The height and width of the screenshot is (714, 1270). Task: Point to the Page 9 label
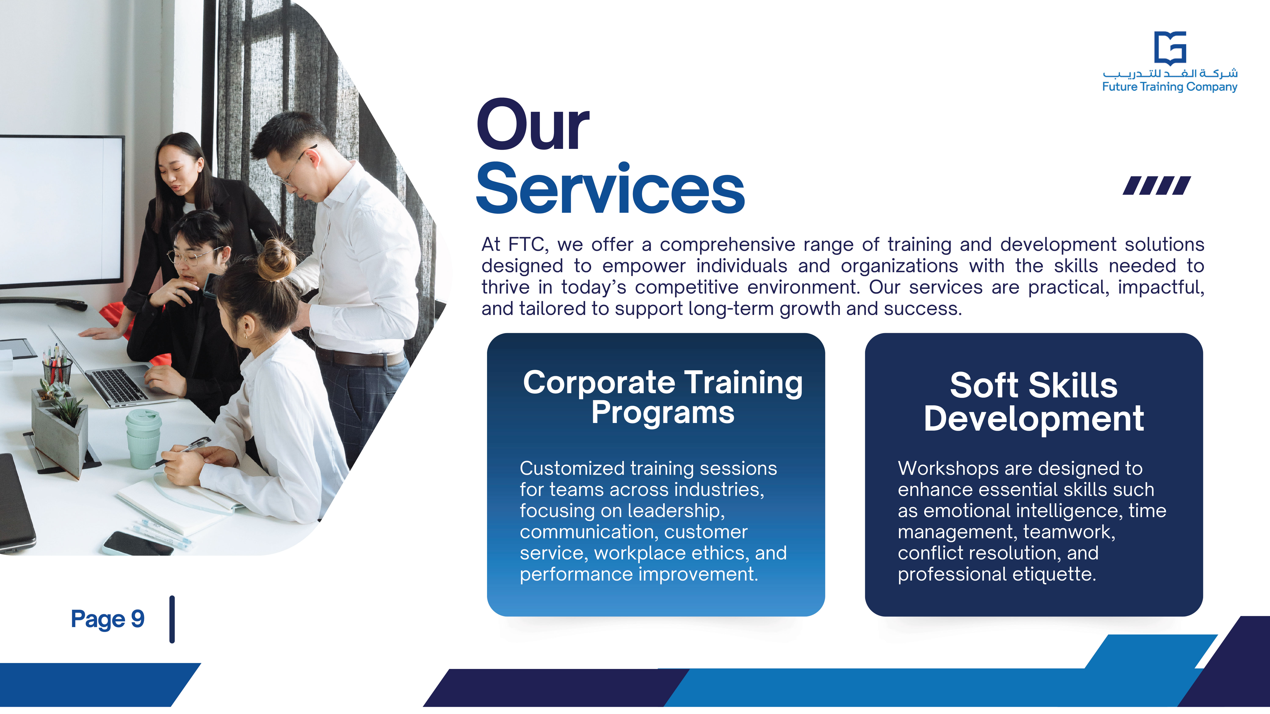(x=108, y=619)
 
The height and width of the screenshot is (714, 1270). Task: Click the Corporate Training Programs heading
(x=663, y=397)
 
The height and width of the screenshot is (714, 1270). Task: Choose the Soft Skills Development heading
(x=1033, y=402)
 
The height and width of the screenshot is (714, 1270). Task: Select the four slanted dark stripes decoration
(x=1157, y=186)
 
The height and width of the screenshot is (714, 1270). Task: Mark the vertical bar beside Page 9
(x=172, y=619)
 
